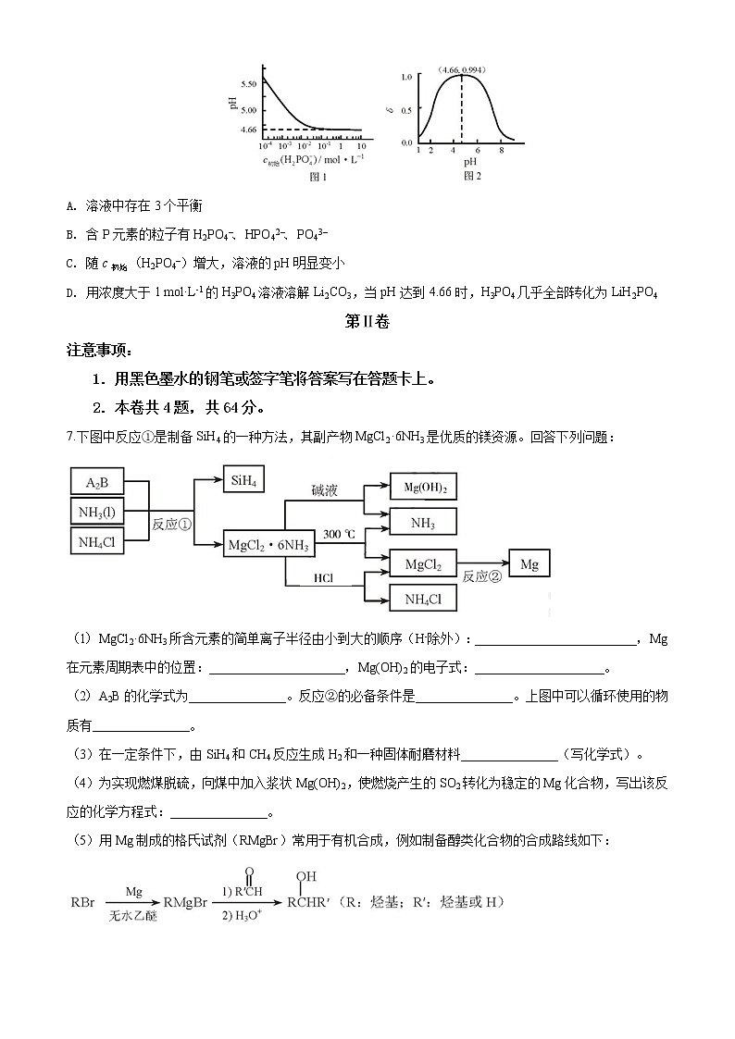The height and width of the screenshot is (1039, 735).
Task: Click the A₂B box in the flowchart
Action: click(97, 482)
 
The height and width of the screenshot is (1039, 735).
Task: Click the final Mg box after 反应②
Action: click(529, 563)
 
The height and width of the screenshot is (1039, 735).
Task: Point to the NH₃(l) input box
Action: click(97, 511)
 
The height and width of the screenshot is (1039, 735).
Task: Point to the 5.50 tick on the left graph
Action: click(248, 84)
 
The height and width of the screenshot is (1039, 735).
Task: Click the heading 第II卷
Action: click(367, 322)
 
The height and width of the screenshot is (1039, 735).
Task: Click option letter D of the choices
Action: click(71, 293)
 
